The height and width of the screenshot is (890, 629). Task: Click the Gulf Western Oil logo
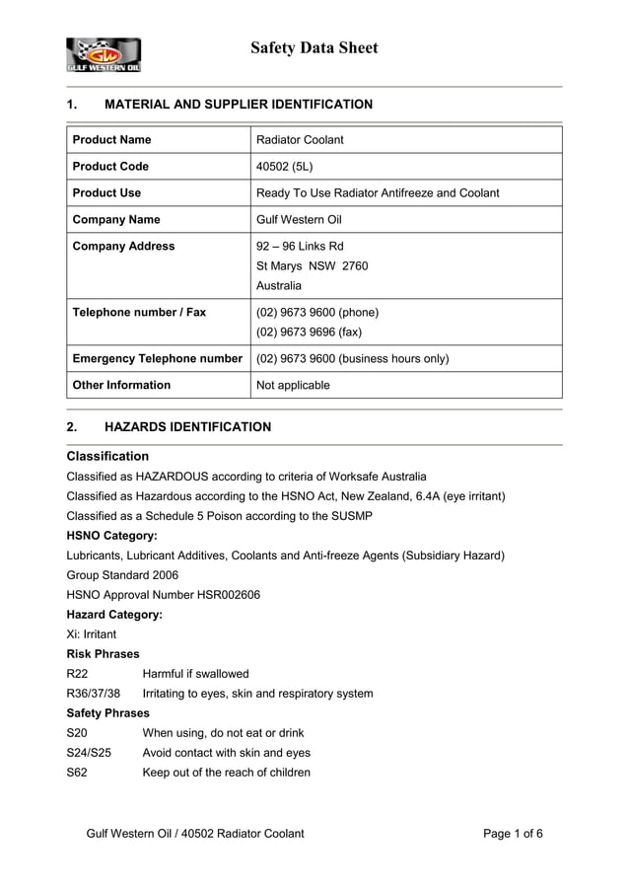tap(104, 54)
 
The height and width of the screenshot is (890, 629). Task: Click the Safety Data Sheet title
tap(314, 47)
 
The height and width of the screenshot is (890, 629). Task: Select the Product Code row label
tap(111, 166)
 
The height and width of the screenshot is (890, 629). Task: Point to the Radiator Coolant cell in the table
tap(300, 139)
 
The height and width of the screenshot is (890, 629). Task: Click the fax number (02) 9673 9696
tap(309, 332)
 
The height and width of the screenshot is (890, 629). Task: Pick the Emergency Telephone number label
tap(158, 358)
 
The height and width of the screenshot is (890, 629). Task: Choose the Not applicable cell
tap(293, 385)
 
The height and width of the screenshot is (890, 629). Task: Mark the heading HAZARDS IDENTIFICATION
tap(187, 427)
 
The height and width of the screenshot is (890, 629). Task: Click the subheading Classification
tap(107, 456)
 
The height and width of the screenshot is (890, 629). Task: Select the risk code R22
tap(77, 674)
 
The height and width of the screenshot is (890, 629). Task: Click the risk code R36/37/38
tap(93, 694)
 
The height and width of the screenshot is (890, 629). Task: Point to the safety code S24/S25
tap(89, 753)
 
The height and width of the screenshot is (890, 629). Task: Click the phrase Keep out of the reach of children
tap(227, 773)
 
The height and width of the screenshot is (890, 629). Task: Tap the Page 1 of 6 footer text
tap(513, 834)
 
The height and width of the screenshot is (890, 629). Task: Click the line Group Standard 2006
tap(122, 575)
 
